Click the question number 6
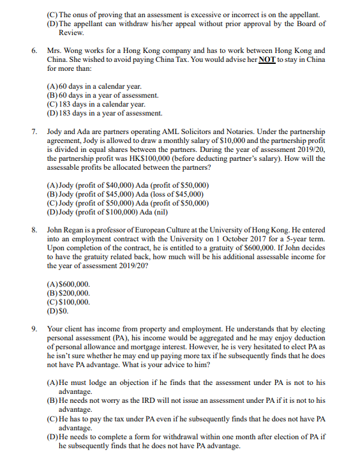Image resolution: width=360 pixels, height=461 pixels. click(x=34, y=50)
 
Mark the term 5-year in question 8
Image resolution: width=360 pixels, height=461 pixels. click(x=287, y=239)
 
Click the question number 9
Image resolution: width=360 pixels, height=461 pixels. click(x=34, y=329)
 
